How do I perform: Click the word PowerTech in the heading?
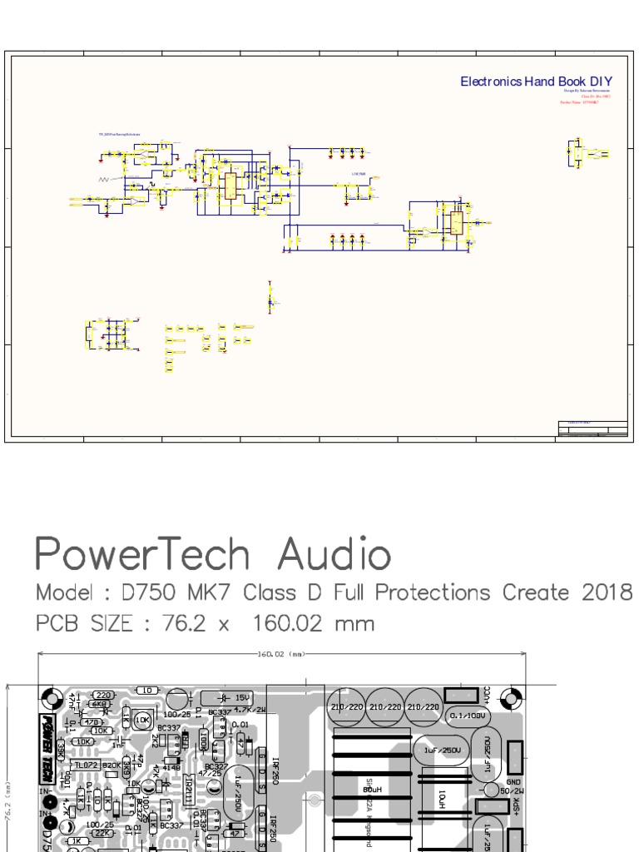coord(142,556)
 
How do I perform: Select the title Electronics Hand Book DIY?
coord(537,82)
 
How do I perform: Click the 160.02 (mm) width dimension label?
coord(279,654)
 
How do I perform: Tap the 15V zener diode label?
coord(241,697)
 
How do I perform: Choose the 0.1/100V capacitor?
coord(467,715)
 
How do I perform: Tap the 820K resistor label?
coord(111,765)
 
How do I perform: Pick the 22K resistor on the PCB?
coord(102,832)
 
